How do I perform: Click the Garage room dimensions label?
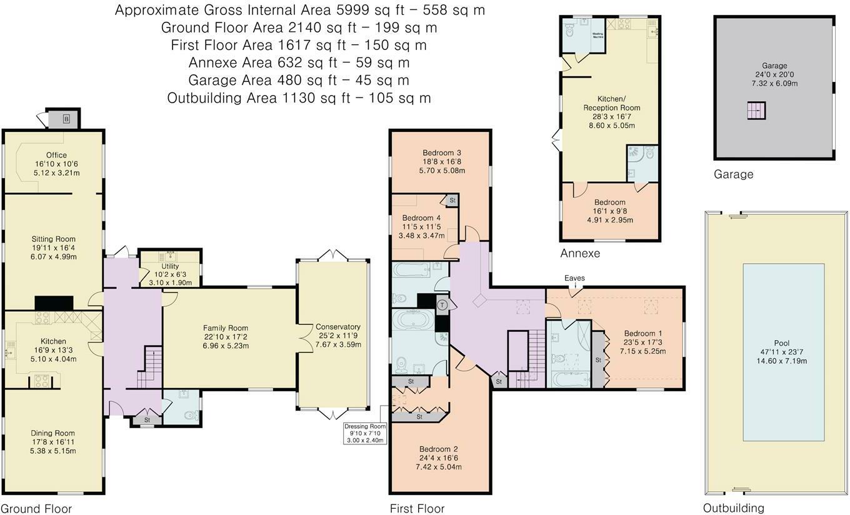point(774,74)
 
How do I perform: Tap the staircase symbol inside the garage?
point(756,111)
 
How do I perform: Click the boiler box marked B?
point(66,119)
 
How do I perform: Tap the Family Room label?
point(226,336)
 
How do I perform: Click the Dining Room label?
point(53,442)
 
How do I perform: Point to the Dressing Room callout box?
point(366,433)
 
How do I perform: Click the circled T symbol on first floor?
point(443,305)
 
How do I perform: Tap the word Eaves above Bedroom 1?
point(574,278)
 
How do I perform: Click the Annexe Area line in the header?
point(299,62)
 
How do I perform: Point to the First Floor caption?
point(417,508)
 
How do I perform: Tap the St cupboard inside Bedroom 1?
point(598,361)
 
